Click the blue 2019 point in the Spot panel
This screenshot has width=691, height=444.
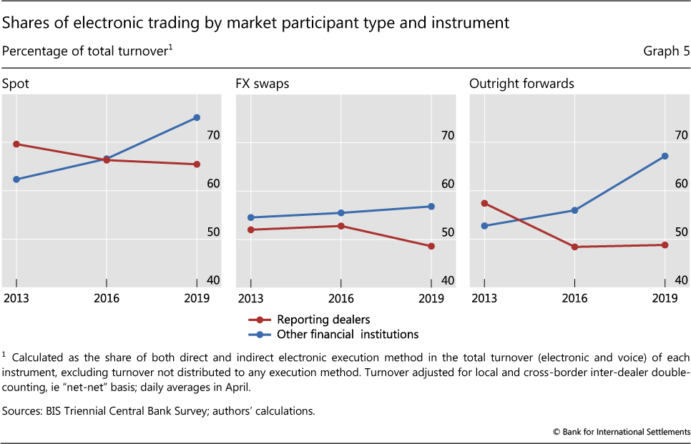click(197, 117)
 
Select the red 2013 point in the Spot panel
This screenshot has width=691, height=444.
click(16, 144)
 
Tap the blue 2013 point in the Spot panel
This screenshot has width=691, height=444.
click(16, 179)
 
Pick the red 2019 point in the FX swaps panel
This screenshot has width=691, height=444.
click(431, 247)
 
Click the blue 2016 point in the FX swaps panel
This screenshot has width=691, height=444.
click(340, 213)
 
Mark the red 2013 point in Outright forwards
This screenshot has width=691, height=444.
click(484, 203)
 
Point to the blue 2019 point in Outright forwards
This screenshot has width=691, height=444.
click(665, 156)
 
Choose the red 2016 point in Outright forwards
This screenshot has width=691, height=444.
click(574, 247)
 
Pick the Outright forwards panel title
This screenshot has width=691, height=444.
click(521, 84)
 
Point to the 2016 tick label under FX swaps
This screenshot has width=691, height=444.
click(340, 297)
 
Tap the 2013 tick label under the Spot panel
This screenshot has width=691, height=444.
click(16, 297)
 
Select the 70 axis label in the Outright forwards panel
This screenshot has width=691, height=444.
click(680, 135)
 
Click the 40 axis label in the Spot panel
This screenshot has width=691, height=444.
click(212, 281)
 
